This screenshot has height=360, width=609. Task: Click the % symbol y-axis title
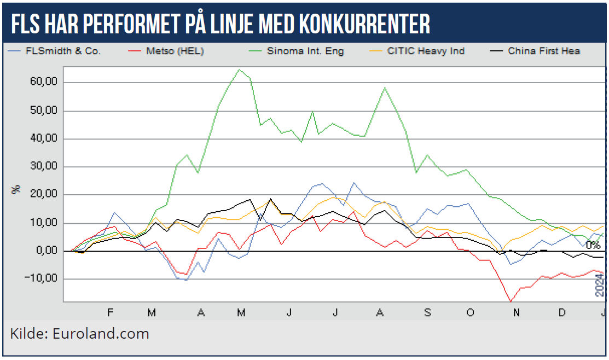point(16,189)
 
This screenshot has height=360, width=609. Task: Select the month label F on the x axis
point(110,312)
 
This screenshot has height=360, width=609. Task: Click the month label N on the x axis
point(515,312)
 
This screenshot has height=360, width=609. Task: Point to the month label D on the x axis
point(562,312)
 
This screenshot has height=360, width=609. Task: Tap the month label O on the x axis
point(470,312)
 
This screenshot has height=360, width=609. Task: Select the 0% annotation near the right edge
point(593,245)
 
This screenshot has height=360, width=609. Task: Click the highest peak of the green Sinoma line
point(240,69)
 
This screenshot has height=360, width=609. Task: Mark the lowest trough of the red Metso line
point(511,301)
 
